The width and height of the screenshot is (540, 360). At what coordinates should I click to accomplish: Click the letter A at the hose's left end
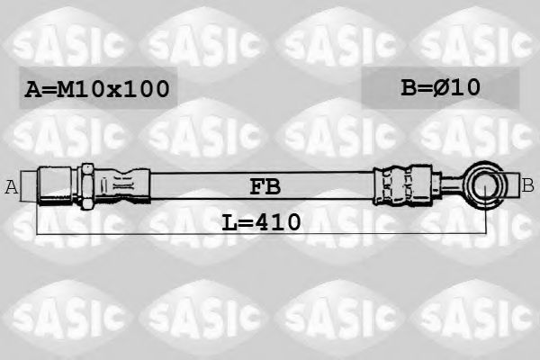pos(12,187)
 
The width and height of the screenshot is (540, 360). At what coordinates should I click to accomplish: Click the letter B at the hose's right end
pos(527,186)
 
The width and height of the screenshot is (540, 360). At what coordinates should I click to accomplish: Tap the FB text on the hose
pos(265,187)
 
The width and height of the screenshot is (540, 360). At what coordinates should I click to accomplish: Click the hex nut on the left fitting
pos(87,186)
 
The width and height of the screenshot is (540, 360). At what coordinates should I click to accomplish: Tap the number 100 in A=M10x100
pos(146,89)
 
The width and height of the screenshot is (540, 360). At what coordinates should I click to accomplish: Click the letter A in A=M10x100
pos(32,89)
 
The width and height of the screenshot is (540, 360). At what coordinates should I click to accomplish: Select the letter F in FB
pos(256,187)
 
